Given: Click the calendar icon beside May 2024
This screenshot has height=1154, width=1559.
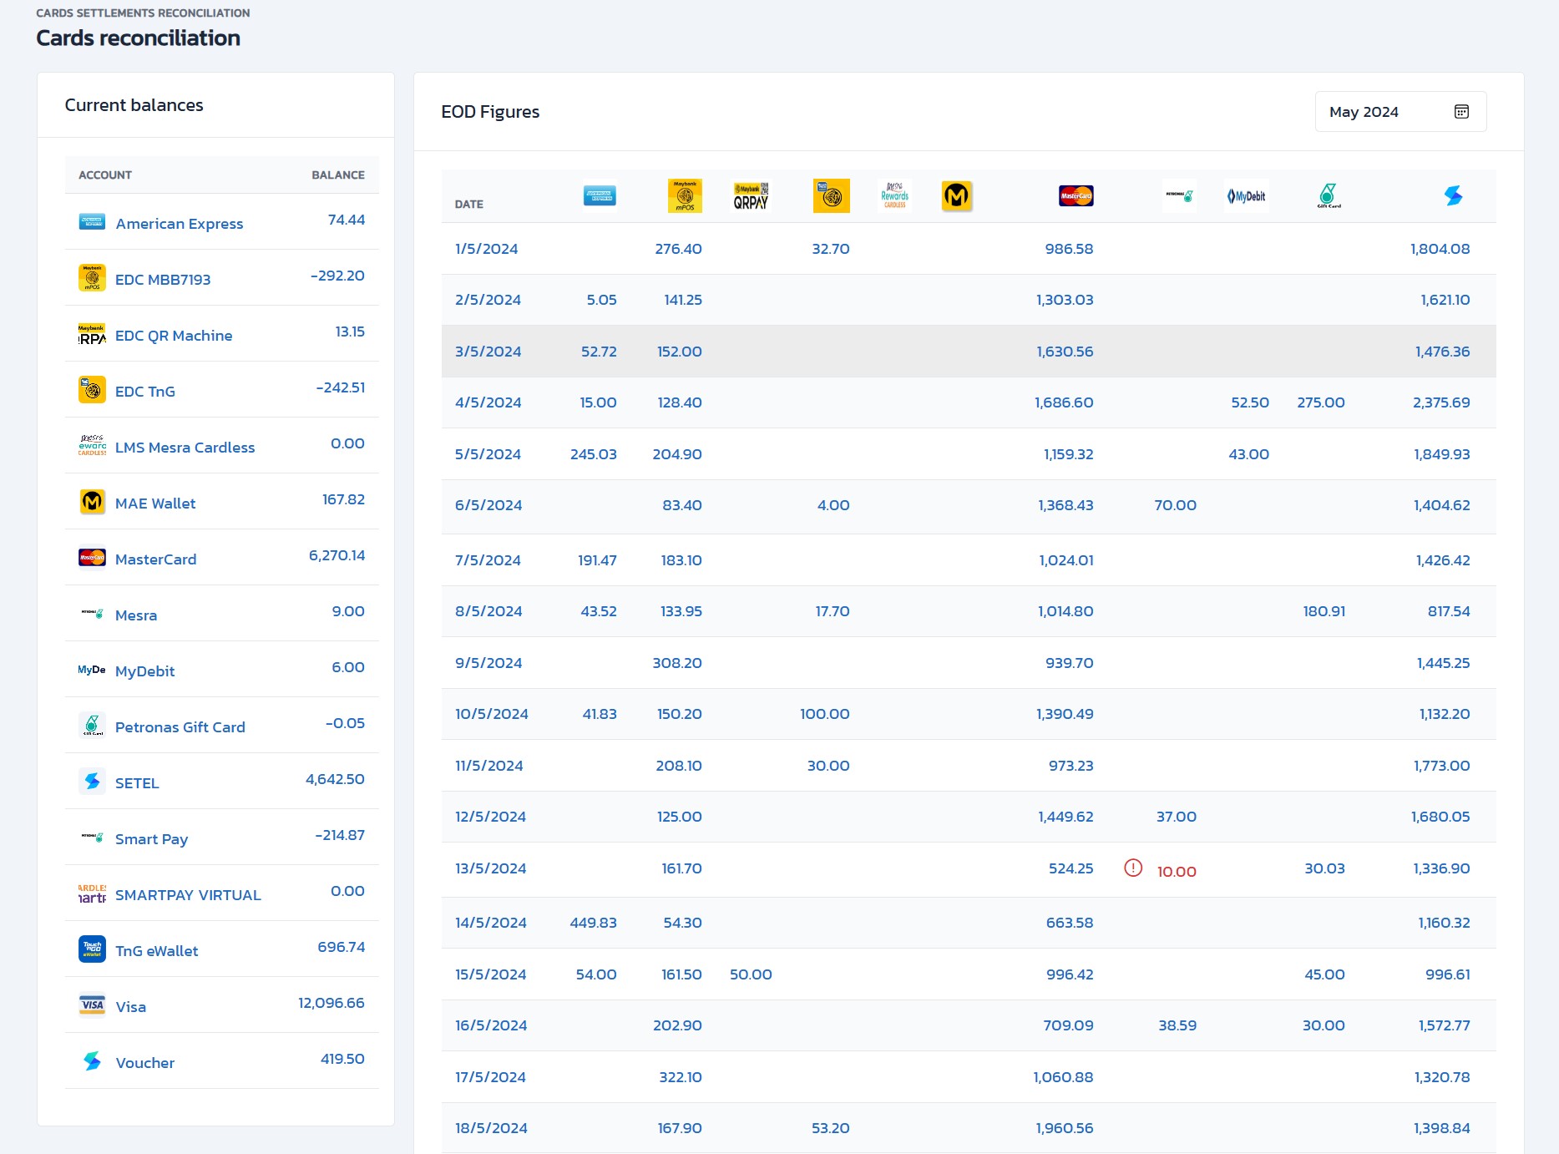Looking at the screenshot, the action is [x=1461, y=112].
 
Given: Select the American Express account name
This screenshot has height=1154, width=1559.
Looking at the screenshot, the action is [x=180, y=224].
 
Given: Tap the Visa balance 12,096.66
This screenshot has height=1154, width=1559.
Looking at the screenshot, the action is [x=332, y=1003].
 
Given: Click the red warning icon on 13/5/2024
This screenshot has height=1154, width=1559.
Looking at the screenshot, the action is [x=1133, y=868].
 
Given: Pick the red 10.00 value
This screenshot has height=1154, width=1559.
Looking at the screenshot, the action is [x=1177, y=872].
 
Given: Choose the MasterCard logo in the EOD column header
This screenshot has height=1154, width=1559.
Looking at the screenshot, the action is [x=1076, y=196].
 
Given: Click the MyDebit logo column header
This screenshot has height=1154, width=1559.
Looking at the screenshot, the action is [x=1246, y=196].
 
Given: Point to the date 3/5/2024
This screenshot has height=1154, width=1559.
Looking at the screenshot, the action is [x=488, y=352].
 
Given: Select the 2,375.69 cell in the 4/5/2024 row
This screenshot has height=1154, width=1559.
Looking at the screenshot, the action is [x=1441, y=402].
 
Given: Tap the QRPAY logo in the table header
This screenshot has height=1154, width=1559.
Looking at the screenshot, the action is [x=751, y=196].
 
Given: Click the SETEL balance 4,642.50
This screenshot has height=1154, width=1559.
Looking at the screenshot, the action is [x=335, y=779].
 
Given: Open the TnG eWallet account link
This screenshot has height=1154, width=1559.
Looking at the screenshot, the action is [x=156, y=951].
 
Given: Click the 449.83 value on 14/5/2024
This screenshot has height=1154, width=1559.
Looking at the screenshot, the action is [x=593, y=923].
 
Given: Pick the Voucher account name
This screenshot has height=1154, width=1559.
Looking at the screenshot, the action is [x=145, y=1063].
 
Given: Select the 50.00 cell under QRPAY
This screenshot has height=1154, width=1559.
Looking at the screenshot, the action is [x=751, y=974].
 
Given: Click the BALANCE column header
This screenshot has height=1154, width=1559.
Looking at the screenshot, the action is [x=338, y=175].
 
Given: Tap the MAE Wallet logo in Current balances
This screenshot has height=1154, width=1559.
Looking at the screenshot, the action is [x=92, y=502].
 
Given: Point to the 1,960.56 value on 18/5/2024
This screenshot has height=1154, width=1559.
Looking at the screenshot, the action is [x=1065, y=1128].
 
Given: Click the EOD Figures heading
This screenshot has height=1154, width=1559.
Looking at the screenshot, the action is [x=490, y=112].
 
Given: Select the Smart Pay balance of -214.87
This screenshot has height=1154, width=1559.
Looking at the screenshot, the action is [x=340, y=835].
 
